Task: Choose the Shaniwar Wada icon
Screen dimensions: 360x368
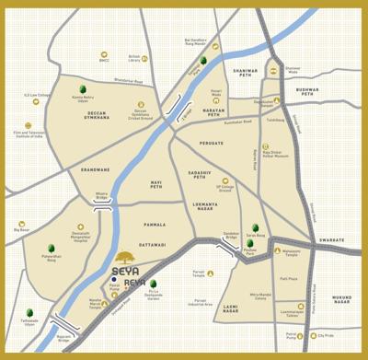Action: click(272, 69)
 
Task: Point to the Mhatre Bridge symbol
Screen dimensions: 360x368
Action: click(103, 208)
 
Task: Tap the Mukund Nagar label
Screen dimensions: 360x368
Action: click(341, 299)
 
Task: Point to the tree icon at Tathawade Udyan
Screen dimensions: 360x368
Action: click(28, 314)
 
